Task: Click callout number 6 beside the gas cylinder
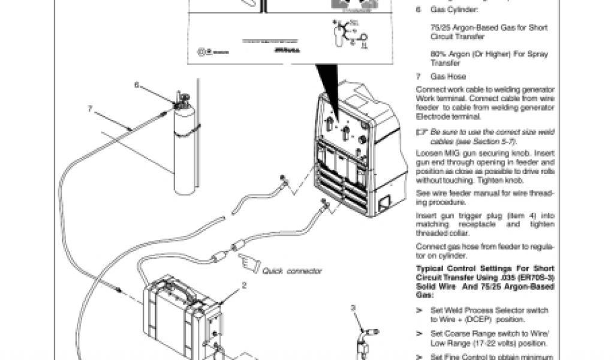137,85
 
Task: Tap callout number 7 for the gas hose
90,109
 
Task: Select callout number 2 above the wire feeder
244,286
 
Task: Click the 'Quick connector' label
292,271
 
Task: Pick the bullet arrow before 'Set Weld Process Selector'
420,310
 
